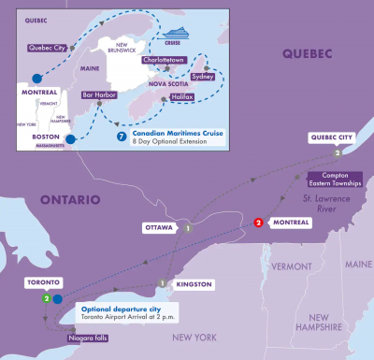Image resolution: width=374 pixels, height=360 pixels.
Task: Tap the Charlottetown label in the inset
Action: click(x=166, y=60)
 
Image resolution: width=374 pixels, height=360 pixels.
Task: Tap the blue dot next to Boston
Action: click(x=70, y=140)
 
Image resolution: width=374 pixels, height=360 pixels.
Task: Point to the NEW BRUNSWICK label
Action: click(x=128, y=47)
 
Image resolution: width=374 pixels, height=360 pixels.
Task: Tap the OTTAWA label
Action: click(x=158, y=227)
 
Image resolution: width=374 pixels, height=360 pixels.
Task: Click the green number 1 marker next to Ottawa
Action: click(x=187, y=227)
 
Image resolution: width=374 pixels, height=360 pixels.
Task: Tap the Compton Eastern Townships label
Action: click(x=332, y=180)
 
